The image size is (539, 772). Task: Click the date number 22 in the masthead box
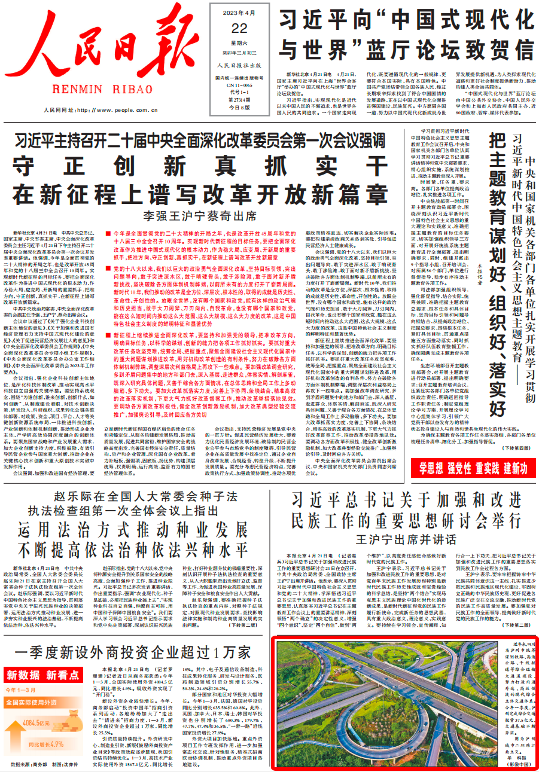tap(223, 28)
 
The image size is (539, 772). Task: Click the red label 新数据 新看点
tap(43, 676)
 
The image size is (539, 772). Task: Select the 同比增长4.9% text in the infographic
tap(45, 744)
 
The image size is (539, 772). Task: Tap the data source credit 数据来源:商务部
tap(28, 764)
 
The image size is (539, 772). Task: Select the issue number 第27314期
tap(223, 100)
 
